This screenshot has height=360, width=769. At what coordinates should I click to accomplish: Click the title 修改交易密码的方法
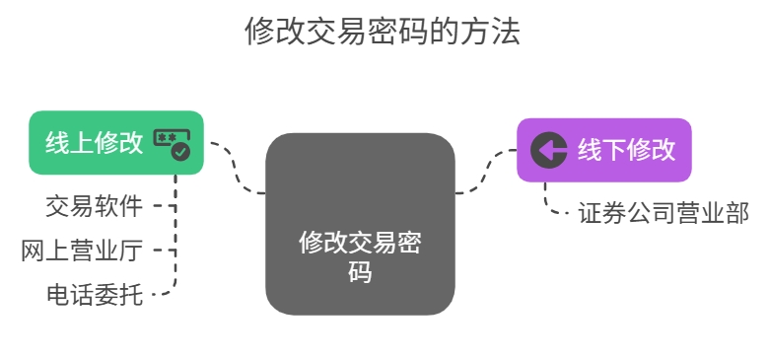[383, 33]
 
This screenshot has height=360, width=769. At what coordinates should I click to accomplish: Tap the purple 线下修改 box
[603, 150]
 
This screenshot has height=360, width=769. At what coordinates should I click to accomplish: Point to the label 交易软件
[94, 206]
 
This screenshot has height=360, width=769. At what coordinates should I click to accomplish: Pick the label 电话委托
[94, 293]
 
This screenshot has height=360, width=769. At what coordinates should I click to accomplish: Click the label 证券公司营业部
[664, 213]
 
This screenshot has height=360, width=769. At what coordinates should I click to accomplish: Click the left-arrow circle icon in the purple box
[548, 150]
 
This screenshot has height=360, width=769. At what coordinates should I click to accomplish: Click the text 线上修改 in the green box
[94, 142]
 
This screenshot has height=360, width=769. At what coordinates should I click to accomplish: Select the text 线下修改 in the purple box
[626, 150]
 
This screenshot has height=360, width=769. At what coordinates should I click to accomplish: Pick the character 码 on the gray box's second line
[360, 271]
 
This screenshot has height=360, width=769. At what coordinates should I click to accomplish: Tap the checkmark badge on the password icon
[180, 151]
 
